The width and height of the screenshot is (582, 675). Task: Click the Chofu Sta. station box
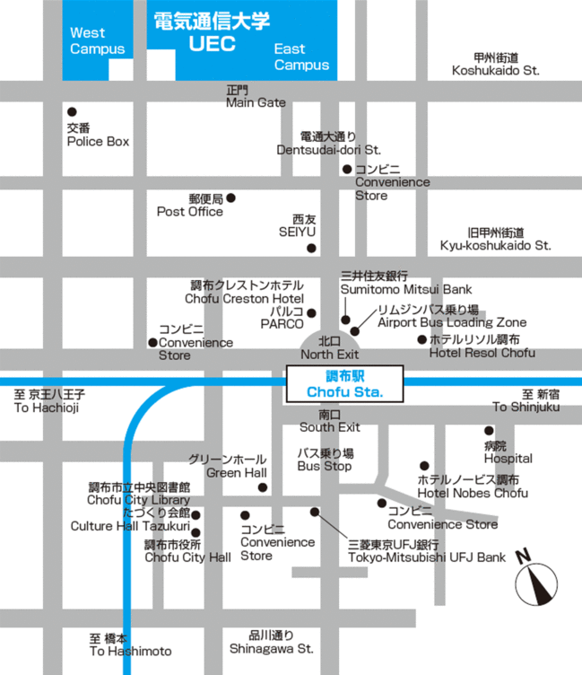coord(345,382)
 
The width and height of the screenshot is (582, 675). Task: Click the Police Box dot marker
coord(72,111)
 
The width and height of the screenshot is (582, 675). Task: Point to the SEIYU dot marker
coord(311,249)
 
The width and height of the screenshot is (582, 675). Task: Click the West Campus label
coord(97,41)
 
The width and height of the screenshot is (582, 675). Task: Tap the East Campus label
coord(301,57)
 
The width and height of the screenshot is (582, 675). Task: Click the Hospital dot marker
coord(489,431)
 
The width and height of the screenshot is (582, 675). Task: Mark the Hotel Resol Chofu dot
coord(421,339)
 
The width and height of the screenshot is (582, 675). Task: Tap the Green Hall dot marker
coord(263,487)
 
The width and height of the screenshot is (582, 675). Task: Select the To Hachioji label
coord(47,401)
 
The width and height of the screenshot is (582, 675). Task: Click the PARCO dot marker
coord(311,313)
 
